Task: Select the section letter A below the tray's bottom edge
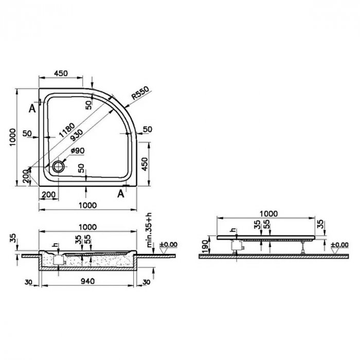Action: pos(121,193)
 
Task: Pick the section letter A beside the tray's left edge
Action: pos(32,109)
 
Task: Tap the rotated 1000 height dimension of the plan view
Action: pos(13,138)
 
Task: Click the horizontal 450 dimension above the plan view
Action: pos(61,74)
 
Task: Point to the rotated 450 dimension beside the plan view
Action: pos(146,164)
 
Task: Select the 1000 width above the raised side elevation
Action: pos(268,214)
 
